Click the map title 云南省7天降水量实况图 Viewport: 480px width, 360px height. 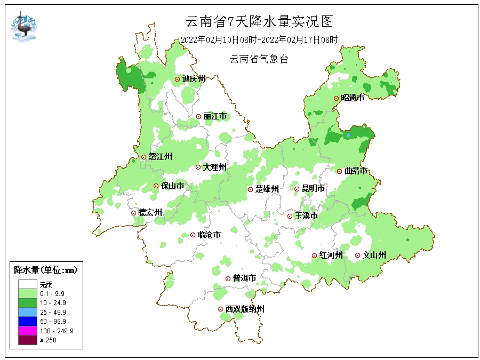coord(259,21)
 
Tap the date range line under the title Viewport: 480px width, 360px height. coord(259,40)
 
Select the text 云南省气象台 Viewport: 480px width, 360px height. coord(259,60)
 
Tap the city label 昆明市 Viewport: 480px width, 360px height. coord(313,189)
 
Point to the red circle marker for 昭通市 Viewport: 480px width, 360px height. coord(336,98)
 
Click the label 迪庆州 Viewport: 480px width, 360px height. coord(194,79)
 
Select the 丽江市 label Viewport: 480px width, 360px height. coord(215,116)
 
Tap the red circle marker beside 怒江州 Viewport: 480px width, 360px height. coord(143,157)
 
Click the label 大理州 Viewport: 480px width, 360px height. coord(215,167)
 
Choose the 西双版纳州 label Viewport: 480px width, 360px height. coord(244,309)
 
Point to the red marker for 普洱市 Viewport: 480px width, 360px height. coord(228,278)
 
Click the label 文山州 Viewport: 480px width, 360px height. coord(374,255)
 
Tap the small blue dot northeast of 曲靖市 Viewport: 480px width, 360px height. coord(348,135)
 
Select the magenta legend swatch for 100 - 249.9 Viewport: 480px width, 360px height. coord(27,331)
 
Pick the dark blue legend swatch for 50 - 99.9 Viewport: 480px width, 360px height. coord(27,322)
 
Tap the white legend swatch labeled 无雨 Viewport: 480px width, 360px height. coord(27,285)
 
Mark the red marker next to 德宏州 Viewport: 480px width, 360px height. coord(133,213)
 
